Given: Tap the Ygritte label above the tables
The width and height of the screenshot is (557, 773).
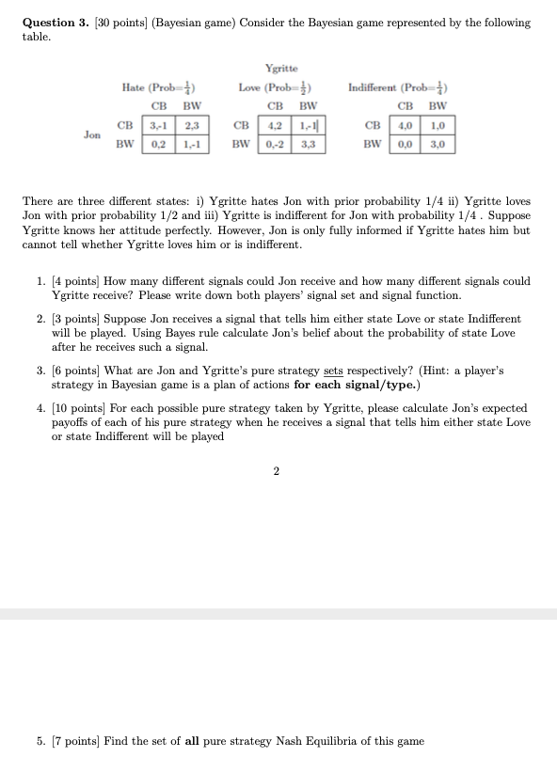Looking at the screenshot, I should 281,69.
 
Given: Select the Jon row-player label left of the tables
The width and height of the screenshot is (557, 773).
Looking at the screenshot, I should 92,134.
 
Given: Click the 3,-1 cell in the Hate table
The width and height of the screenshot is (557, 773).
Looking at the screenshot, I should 157,125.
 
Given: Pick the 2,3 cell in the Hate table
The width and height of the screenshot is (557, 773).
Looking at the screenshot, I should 192,125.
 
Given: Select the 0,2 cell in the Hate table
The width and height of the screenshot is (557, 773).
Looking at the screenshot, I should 157,145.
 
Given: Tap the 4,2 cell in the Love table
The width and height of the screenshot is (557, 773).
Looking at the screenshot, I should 274,125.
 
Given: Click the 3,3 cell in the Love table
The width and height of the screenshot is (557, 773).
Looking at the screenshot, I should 309,145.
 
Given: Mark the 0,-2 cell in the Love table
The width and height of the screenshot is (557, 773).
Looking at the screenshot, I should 274,145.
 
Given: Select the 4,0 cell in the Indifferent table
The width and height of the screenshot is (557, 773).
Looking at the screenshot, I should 406,125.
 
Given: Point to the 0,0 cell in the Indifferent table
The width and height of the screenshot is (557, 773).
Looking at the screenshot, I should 406,145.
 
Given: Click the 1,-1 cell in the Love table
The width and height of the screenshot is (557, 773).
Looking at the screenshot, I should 309,125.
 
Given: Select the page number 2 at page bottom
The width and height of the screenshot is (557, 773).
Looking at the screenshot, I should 276,472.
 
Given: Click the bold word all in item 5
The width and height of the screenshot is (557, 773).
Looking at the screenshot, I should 192,741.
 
